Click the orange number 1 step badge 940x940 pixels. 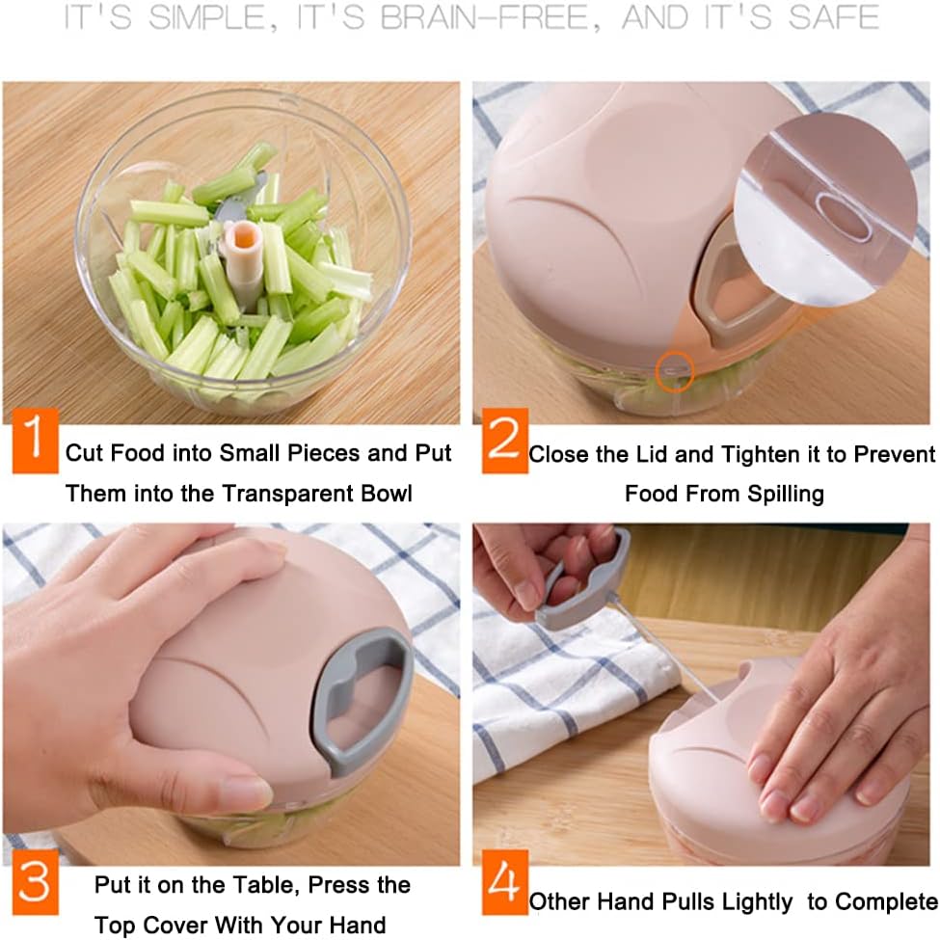tap(36, 441)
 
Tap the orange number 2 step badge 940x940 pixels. tap(505, 441)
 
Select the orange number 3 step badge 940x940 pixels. tap(36, 882)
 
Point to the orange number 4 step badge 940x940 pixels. tap(505, 882)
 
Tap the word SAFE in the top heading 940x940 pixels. tap(834, 16)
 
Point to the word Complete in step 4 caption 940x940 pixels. tap(873, 901)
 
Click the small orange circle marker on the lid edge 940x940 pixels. tap(675, 372)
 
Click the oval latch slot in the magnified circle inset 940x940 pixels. tap(846, 216)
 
